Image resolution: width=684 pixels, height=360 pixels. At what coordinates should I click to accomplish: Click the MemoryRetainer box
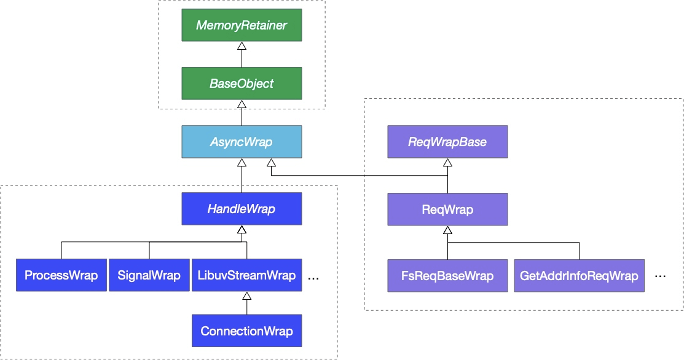click(242, 25)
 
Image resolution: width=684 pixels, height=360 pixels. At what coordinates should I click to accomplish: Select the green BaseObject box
click(242, 84)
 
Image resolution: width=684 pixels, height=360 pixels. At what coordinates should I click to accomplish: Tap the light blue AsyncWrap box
click(242, 142)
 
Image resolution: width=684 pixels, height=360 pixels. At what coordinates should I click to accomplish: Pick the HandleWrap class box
click(242, 209)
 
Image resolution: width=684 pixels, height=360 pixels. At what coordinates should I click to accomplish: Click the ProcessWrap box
click(61, 275)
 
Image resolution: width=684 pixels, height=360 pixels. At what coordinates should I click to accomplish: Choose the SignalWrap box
click(149, 275)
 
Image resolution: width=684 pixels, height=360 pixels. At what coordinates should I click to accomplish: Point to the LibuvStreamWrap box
click(247, 275)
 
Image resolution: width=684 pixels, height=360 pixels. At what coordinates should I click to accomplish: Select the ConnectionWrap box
click(247, 331)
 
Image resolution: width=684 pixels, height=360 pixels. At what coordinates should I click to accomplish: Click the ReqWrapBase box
click(447, 142)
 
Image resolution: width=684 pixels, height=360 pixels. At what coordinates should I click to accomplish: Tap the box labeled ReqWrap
click(447, 209)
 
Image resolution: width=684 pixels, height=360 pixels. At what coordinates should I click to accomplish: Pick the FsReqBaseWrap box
click(447, 275)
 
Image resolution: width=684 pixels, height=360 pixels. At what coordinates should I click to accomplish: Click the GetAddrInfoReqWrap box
click(580, 275)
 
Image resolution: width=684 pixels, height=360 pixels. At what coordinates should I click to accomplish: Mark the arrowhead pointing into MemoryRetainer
click(242, 45)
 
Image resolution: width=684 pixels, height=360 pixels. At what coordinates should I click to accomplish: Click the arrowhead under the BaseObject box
click(242, 104)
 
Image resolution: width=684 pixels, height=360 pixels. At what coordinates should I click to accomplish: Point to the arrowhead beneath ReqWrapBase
click(447, 163)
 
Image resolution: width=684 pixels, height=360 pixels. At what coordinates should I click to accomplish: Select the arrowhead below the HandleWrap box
click(242, 230)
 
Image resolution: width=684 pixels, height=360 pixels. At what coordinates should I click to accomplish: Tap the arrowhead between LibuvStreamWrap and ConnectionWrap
click(247, 296)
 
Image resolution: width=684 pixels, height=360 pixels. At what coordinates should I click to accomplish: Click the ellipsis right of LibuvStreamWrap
click(313, 278)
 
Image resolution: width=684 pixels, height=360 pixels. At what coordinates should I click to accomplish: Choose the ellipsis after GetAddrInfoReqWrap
click(661, 276)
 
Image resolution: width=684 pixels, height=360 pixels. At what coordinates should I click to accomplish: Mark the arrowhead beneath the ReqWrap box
click(447, 230)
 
